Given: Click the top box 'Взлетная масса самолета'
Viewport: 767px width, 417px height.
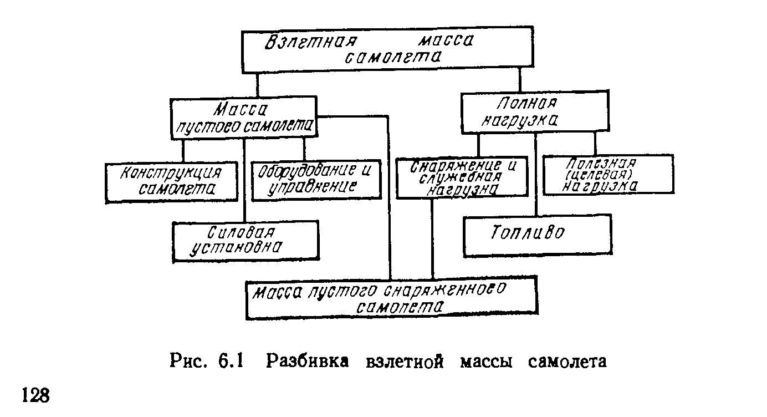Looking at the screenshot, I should [388, 50].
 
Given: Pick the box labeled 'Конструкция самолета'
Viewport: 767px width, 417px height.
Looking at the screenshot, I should [171, 182].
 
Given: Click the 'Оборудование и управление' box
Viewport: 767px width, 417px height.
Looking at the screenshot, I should [316, 180].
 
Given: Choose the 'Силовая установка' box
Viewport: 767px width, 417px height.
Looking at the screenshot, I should [246, 240].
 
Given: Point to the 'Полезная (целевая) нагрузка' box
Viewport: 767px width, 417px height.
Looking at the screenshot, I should [608, 175].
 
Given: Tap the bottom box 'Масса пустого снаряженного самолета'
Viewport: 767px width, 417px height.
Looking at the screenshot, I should [391, 298].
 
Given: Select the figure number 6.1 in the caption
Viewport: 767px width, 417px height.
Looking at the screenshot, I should [232, 361].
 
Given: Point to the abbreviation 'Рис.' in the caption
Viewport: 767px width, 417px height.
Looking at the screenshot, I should [189, 361].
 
